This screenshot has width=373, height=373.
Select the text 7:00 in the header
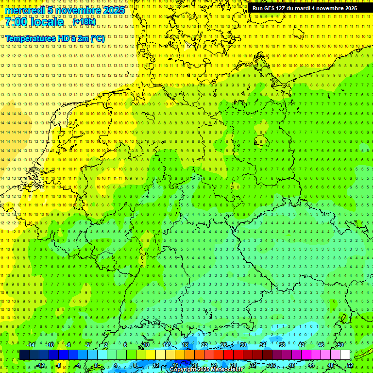(17, 22)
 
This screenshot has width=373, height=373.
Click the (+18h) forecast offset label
(84, 22)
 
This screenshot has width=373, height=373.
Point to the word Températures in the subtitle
(29, 38)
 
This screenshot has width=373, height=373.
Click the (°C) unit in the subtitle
(97, 38)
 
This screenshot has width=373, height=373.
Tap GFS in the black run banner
(270, 8)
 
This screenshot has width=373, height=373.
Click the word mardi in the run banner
(306, 8)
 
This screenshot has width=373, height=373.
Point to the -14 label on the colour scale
(31, 345)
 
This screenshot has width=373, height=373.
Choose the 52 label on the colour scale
(350, 365)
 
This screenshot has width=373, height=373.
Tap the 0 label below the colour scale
(96, 365)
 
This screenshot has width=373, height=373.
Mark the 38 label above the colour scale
(282, 345)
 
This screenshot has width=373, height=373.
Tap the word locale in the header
(48, 22)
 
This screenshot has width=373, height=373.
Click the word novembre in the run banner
(336, 8)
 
